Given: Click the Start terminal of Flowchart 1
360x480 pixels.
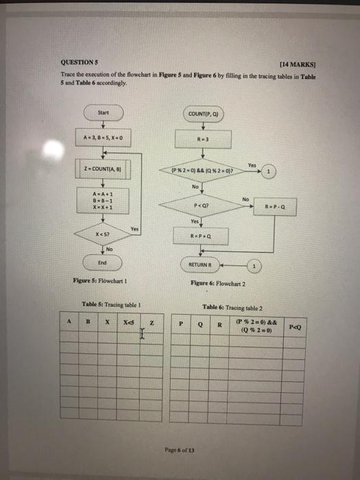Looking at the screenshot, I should (x=104, y=111).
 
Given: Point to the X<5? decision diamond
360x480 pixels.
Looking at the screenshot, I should (x=103, y=235).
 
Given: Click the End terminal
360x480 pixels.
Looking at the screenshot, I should (x=103, y=262).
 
